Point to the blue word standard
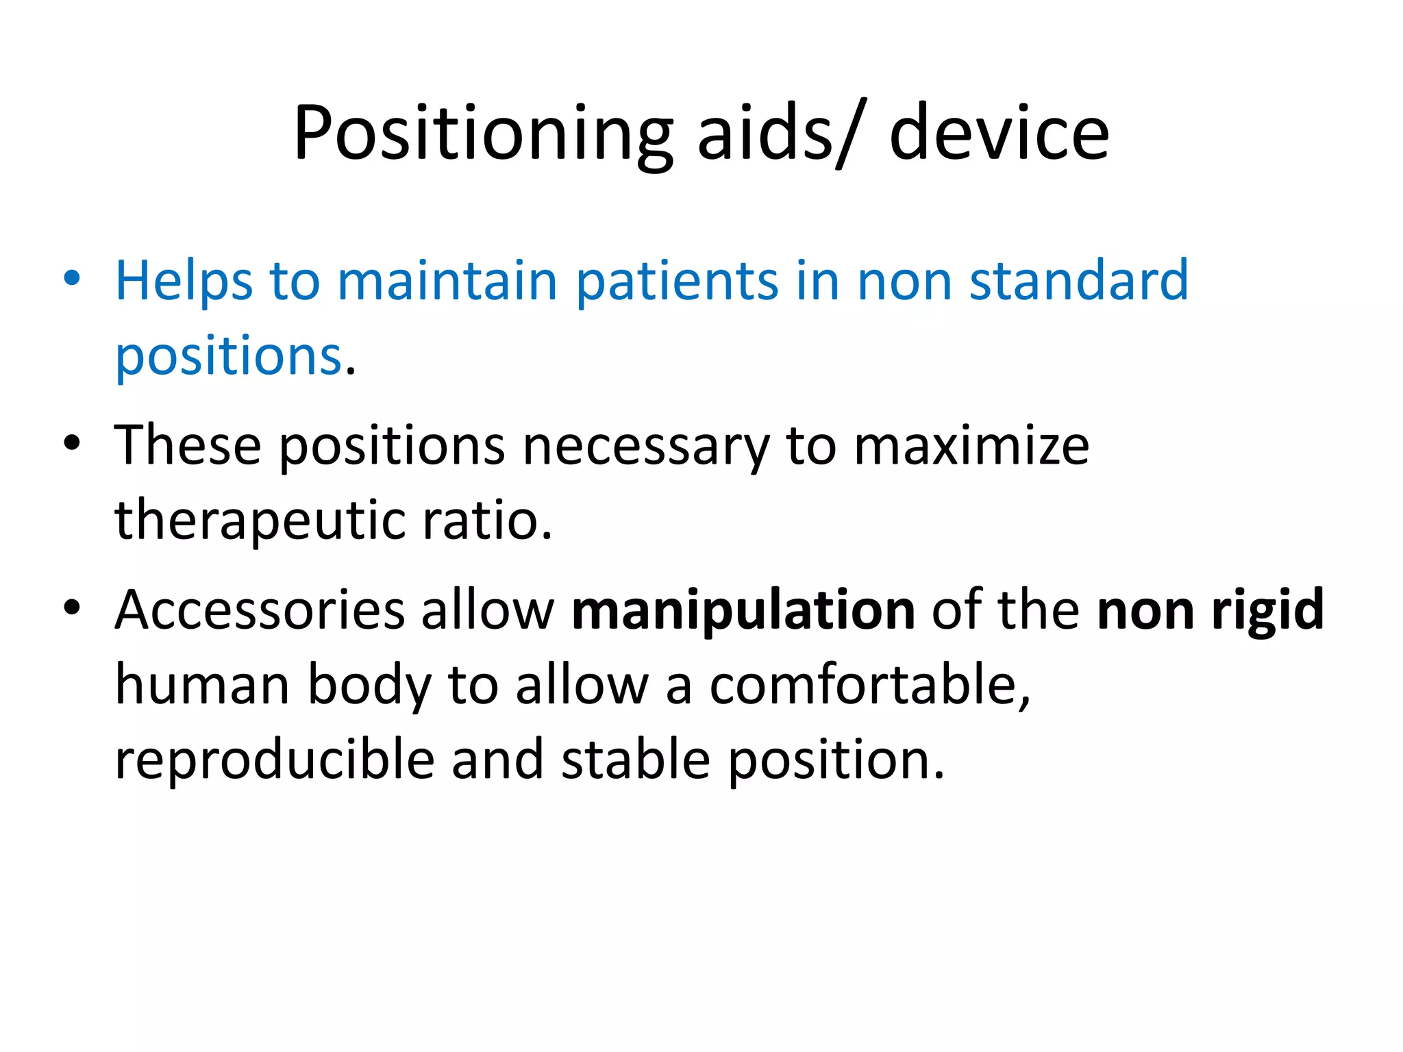click(1078, 281)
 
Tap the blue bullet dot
click(71, 279)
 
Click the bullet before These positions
click(71, 443)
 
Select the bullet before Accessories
click(71, 608)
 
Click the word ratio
click(486, 521)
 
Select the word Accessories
click(260, 610)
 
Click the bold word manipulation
click(743, 610)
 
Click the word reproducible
click(274, 760)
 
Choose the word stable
click(635, 760)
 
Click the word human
click(202, 685)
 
